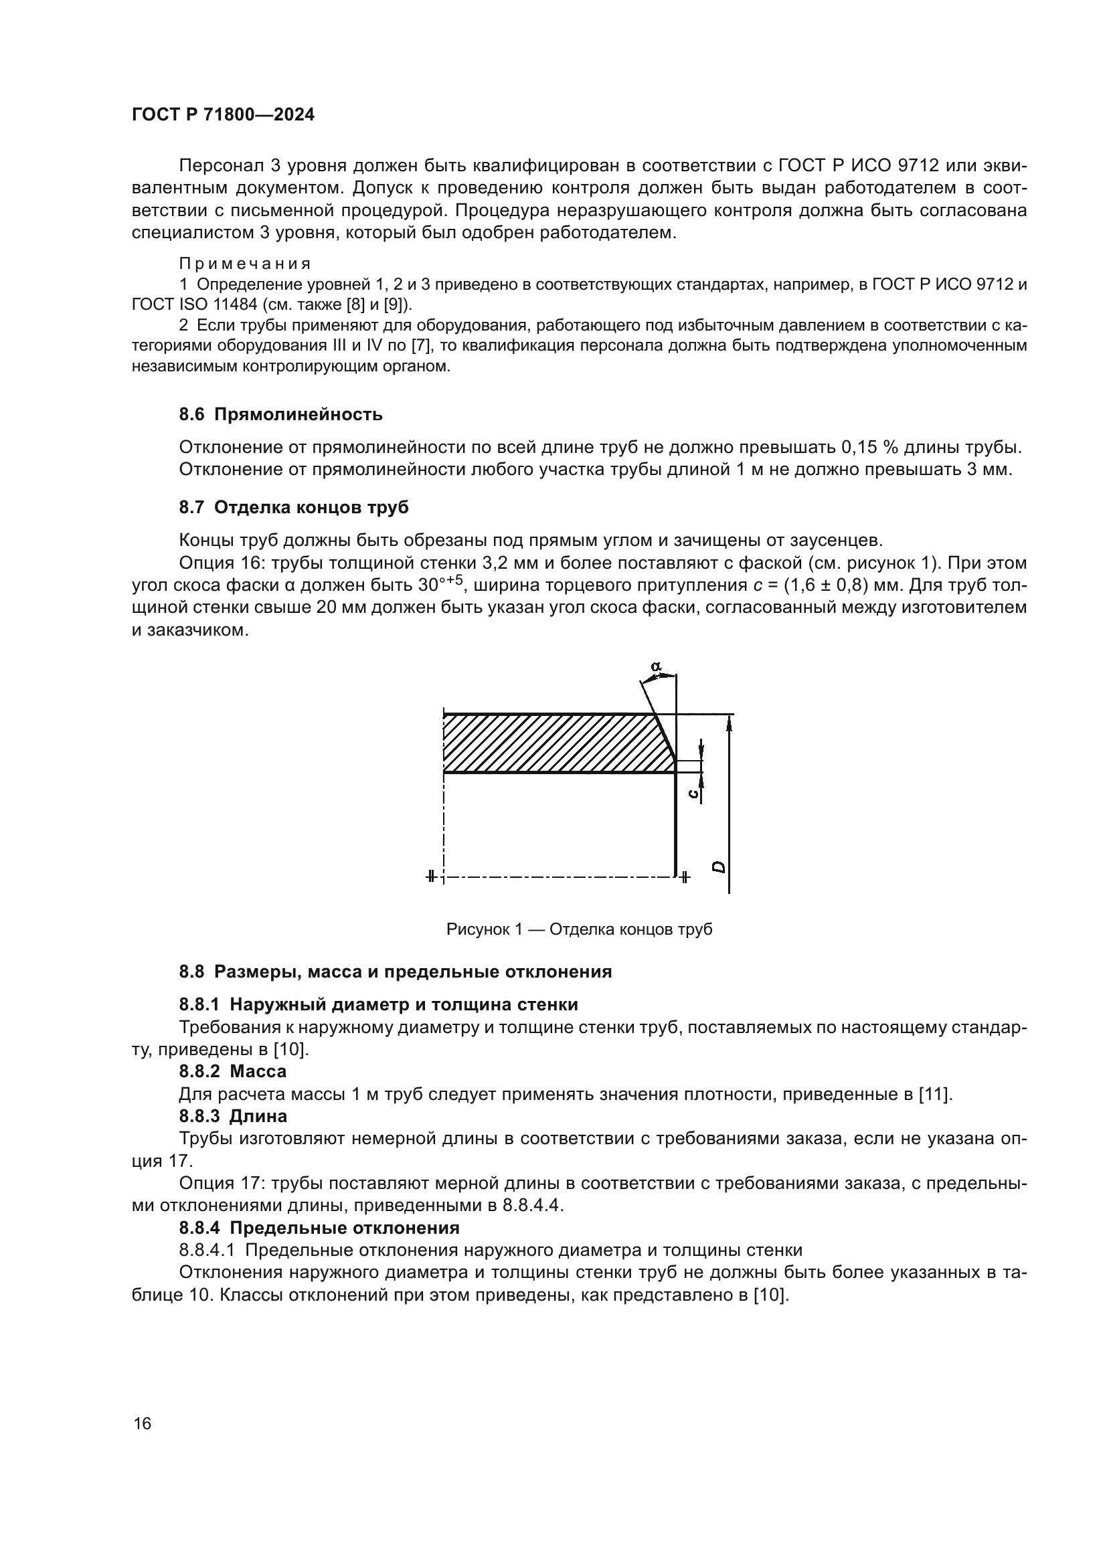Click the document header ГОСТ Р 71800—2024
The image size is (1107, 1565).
pos(223,114)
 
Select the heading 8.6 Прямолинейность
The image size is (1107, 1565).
pos(281,414)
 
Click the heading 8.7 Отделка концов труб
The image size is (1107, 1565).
pos(294,507)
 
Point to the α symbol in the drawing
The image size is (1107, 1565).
pos(655,666)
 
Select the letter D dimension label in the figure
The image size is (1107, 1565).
pos(717,867)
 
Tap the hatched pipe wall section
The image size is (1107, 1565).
pos(545,743)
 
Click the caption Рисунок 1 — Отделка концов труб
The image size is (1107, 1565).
pos(580,929)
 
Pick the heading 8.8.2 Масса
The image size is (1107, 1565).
pos(232,1071)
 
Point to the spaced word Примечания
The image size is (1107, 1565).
pos(245,264)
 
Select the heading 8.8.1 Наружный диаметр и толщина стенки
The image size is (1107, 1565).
pos(378,1004)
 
